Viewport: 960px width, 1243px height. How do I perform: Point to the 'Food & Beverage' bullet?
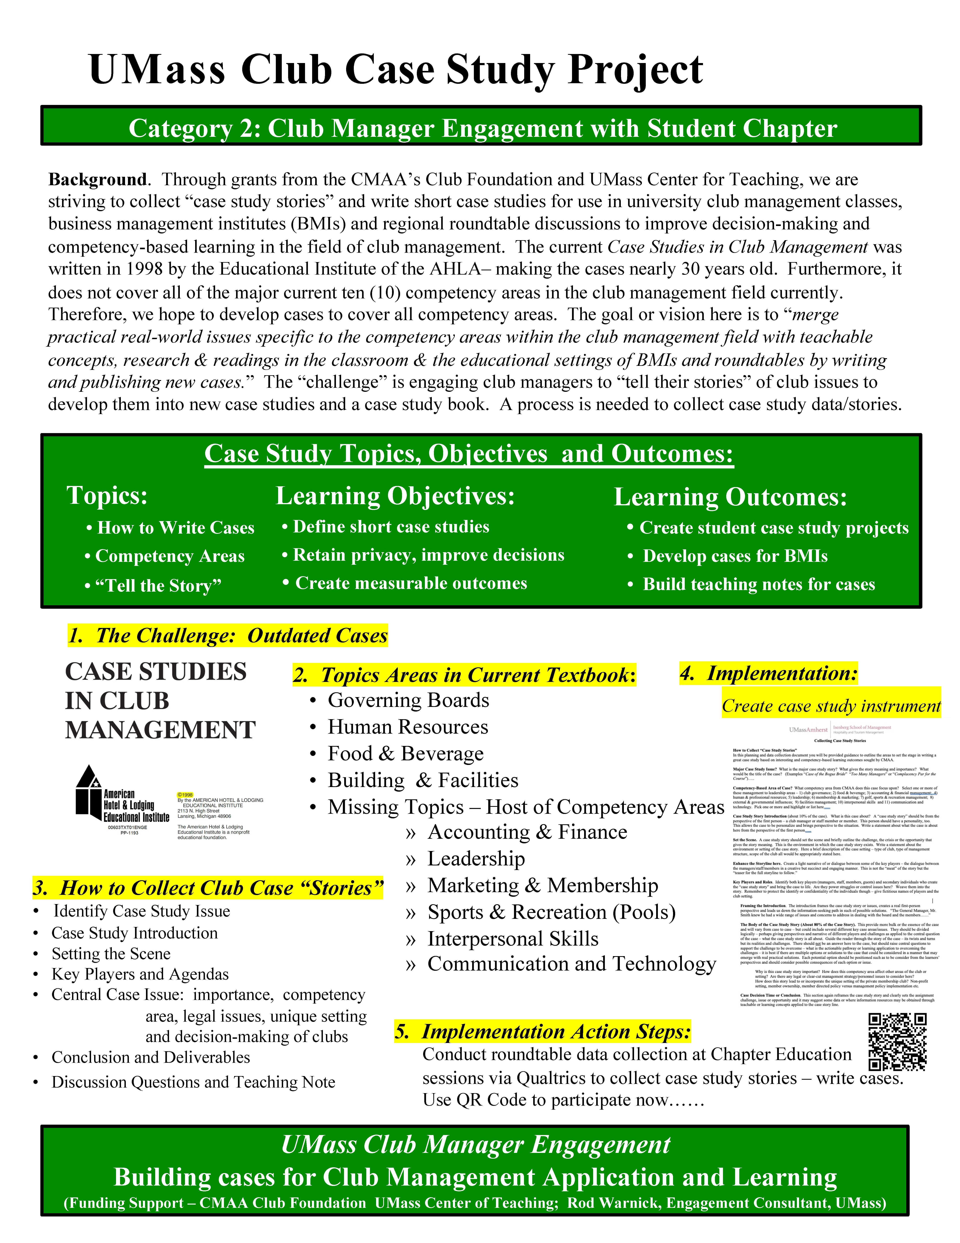pos(405,754)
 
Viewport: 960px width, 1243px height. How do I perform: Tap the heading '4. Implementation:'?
pos(768,673)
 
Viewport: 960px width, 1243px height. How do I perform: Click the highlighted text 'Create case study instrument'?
pos(831,706)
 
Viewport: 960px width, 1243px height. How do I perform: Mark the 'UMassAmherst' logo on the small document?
pos(808,729)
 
